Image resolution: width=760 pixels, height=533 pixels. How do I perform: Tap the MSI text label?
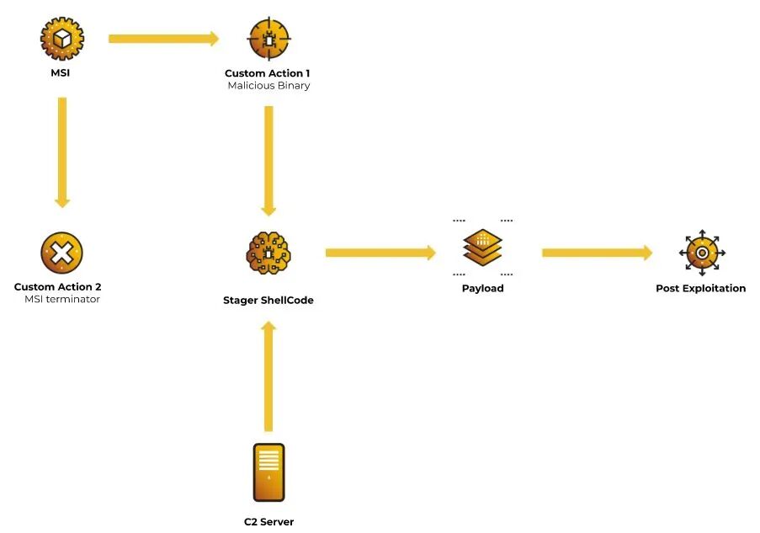click(61, 73)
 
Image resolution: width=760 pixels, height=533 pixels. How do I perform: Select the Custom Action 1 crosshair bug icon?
click(268, 39)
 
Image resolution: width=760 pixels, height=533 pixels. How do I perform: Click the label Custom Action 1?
click(268, 73)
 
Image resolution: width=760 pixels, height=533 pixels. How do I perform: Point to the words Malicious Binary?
click(268, 86)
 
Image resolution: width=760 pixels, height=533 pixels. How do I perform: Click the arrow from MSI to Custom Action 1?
click(163, 38)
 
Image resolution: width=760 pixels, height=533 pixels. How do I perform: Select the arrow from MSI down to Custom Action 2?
click(61, 152)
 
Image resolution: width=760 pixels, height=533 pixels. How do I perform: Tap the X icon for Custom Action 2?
click(61, 252)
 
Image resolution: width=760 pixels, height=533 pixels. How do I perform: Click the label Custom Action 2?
click(58, 287)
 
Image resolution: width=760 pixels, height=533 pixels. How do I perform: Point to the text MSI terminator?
click(62, 299)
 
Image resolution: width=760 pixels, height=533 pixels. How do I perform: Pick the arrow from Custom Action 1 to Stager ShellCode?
click(268, 161)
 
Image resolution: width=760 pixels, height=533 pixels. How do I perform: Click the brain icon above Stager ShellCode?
click(268, 252)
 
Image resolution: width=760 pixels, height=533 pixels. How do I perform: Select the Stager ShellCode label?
click(268, 300)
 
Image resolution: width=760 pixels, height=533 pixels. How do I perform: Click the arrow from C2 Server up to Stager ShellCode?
click(268, 376)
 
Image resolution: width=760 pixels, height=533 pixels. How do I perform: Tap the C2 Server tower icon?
click(268, 472)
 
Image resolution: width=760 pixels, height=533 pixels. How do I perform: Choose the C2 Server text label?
click(268, 522)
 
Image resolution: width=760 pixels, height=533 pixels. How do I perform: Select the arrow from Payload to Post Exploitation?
click(597, 253)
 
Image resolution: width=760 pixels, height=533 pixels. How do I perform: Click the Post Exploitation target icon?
click(701, 253)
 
